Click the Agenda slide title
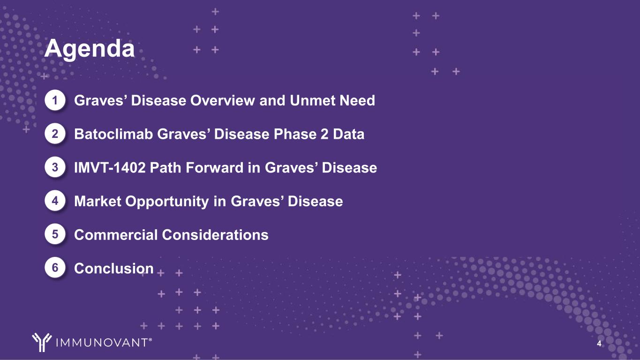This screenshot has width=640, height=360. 90,49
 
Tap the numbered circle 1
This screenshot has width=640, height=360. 55,100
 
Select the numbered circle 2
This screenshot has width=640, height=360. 55,134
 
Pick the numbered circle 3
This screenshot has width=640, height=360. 55,167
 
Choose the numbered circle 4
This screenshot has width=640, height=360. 55,201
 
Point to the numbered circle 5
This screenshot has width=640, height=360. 55,234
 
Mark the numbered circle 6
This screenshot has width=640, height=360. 55,268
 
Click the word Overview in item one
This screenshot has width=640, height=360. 224,101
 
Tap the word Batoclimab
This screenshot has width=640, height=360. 113,134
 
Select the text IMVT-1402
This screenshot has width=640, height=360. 110,167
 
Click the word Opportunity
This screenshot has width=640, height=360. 167,202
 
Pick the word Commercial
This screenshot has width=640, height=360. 116,235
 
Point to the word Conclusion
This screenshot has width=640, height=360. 114,269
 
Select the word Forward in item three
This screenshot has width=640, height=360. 215,167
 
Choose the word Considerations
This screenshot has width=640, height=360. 215,235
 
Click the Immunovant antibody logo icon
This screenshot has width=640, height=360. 42,342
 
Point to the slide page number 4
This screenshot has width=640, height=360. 599,344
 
